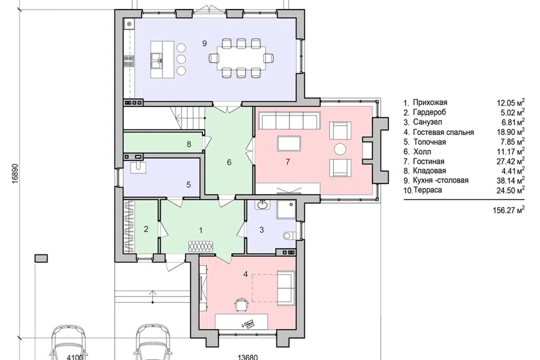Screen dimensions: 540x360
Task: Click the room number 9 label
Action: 205,43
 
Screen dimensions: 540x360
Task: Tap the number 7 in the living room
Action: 288,161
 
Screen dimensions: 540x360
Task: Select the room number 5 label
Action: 189,184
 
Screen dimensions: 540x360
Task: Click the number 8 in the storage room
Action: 189,144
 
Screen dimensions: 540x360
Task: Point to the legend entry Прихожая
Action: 430,102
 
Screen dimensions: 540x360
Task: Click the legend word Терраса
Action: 427,190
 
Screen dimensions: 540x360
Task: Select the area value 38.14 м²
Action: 511,179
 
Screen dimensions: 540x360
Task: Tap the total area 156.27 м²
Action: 509,210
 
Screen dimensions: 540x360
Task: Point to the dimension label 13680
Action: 247,357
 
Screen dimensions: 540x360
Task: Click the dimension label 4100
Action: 75,357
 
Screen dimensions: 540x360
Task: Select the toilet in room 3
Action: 288,236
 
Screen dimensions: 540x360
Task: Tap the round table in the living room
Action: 341,150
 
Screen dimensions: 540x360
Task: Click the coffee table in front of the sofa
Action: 289,143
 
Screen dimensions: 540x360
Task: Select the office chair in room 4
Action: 242,304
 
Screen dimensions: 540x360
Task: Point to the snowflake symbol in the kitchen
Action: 129,24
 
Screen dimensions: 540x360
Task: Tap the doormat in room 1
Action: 201,246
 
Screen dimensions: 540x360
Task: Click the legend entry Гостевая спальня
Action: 443,132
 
